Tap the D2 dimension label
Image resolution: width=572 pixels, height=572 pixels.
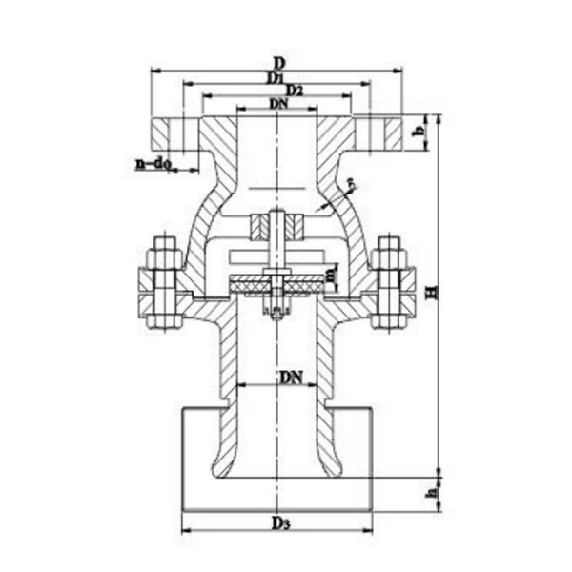[x=294, y=90]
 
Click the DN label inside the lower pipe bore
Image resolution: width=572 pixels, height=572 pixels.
[x=291, y=377]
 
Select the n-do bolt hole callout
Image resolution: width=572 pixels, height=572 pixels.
[x=153, y=164]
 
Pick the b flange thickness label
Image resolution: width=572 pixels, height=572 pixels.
[x=419, y=133]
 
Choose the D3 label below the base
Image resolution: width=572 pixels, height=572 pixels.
[x=278, y=523]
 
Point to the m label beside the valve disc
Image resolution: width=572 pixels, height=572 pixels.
[x=330, y=276]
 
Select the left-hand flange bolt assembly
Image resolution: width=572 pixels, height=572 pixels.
[x=162, y=283]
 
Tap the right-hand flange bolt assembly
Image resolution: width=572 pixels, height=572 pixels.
[x=389, y=283]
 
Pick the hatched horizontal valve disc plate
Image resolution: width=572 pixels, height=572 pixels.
[x=276, y=282]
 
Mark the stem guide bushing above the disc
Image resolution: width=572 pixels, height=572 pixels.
[x=276, y=229]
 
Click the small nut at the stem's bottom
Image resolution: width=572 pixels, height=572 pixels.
[x=276, y=312]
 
